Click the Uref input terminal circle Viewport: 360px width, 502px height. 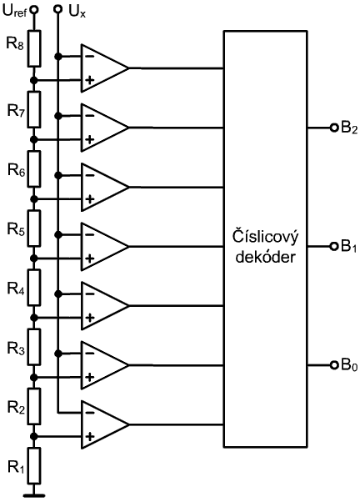[x=34, y=10]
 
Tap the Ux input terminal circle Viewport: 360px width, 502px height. [x=58, y=10]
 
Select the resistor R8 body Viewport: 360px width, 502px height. [x=34, y=48]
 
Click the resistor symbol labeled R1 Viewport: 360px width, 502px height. [x=34, y=466]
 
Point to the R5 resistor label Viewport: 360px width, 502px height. [x=16, y=230]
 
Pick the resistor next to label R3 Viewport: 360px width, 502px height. [x=34, y=347]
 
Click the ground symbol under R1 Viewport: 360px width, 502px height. [x=34, y=495]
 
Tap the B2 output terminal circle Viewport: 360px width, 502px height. [x=334, y=128]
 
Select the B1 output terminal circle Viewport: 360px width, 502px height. [x=334, y=246]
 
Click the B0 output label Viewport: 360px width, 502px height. [x=349, y=365]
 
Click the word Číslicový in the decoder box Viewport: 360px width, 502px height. [x=265, y=238]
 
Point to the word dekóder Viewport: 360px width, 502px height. [x=265, y=257]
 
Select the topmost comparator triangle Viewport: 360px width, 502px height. [x=105, y=68]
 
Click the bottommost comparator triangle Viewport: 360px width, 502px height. [x=105, y=424]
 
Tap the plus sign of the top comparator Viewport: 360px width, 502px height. [x=90, y=80]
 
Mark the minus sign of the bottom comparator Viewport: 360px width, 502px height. [x=90, y=413]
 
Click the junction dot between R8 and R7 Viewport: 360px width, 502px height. [x=34, y=80]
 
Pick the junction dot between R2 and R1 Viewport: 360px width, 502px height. [x=34, y=436]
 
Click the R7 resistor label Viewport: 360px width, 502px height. [x=16, y=112]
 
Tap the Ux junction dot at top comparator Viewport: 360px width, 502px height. [x=58, y=57]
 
